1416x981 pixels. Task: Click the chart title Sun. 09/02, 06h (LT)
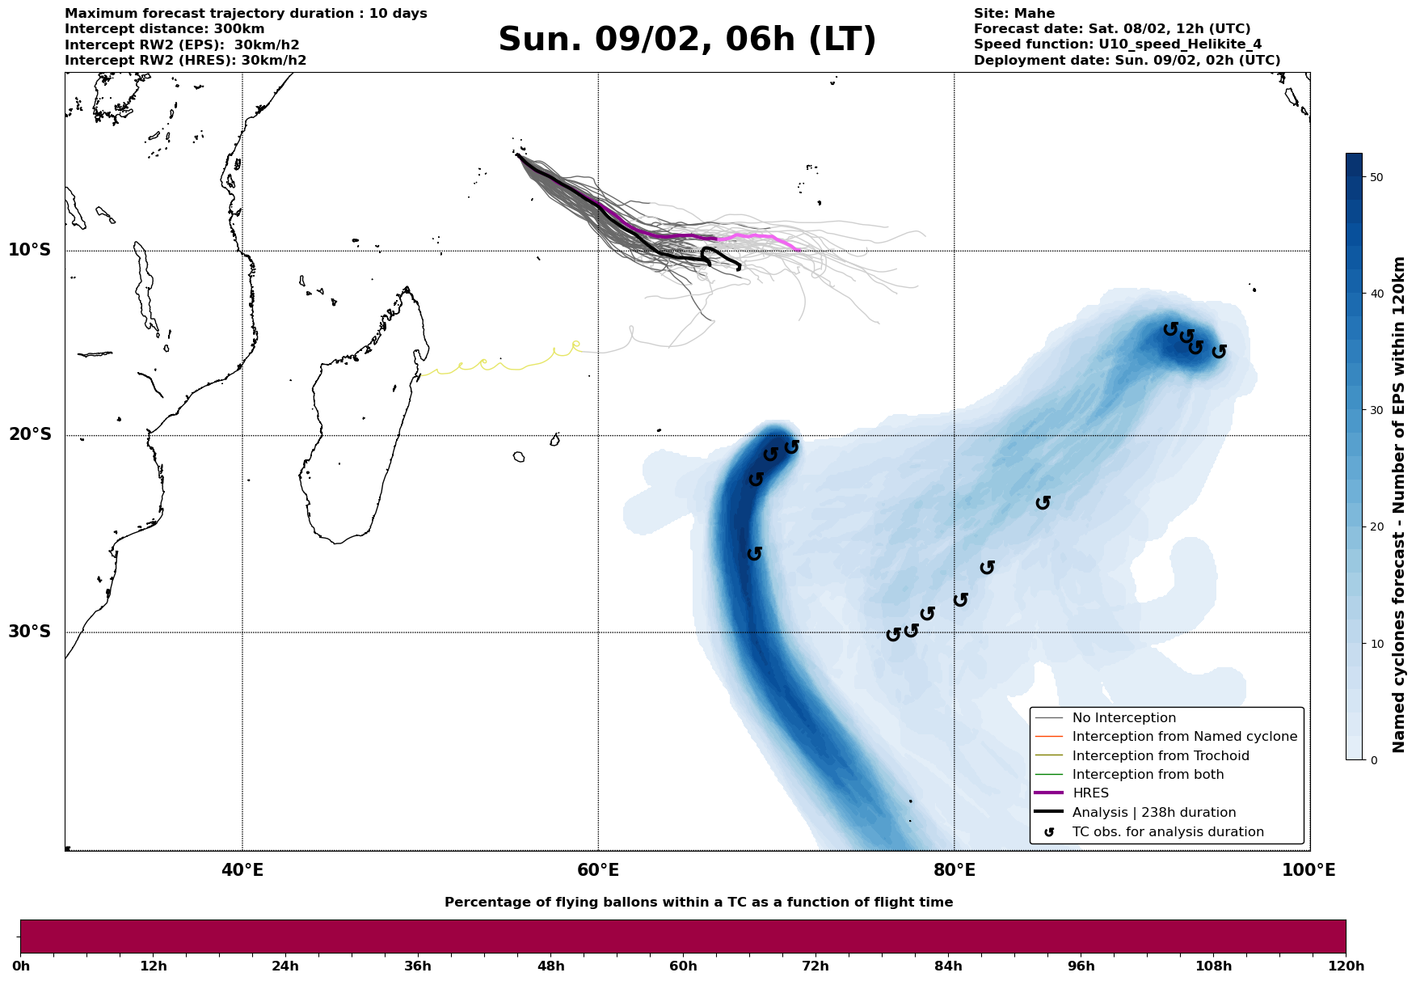pos(687,40)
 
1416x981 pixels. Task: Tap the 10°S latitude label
pos(30,250)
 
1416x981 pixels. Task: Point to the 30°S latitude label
pos(30,632)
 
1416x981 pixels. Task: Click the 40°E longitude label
pos(242,870)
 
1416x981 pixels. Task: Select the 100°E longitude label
pos(1309,870)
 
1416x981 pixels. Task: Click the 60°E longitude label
pos(598,870)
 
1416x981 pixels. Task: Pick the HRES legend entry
pos(1090,793)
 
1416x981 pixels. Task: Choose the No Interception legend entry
pos(1123,718)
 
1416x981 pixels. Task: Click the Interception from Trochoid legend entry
pos(1160,756)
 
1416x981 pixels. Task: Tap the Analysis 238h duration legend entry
pos(1153,813)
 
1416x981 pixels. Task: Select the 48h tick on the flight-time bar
pos(551,966)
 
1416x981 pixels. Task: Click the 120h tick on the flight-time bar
pos(1345,966)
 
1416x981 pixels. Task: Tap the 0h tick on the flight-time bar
pos(21,966)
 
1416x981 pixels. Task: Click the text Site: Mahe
pos(1014,14)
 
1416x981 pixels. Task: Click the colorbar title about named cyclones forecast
pos(1399,505)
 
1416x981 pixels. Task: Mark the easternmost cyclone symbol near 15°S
pos(1219,352)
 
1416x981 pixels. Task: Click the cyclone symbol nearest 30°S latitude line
pos(893,635)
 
